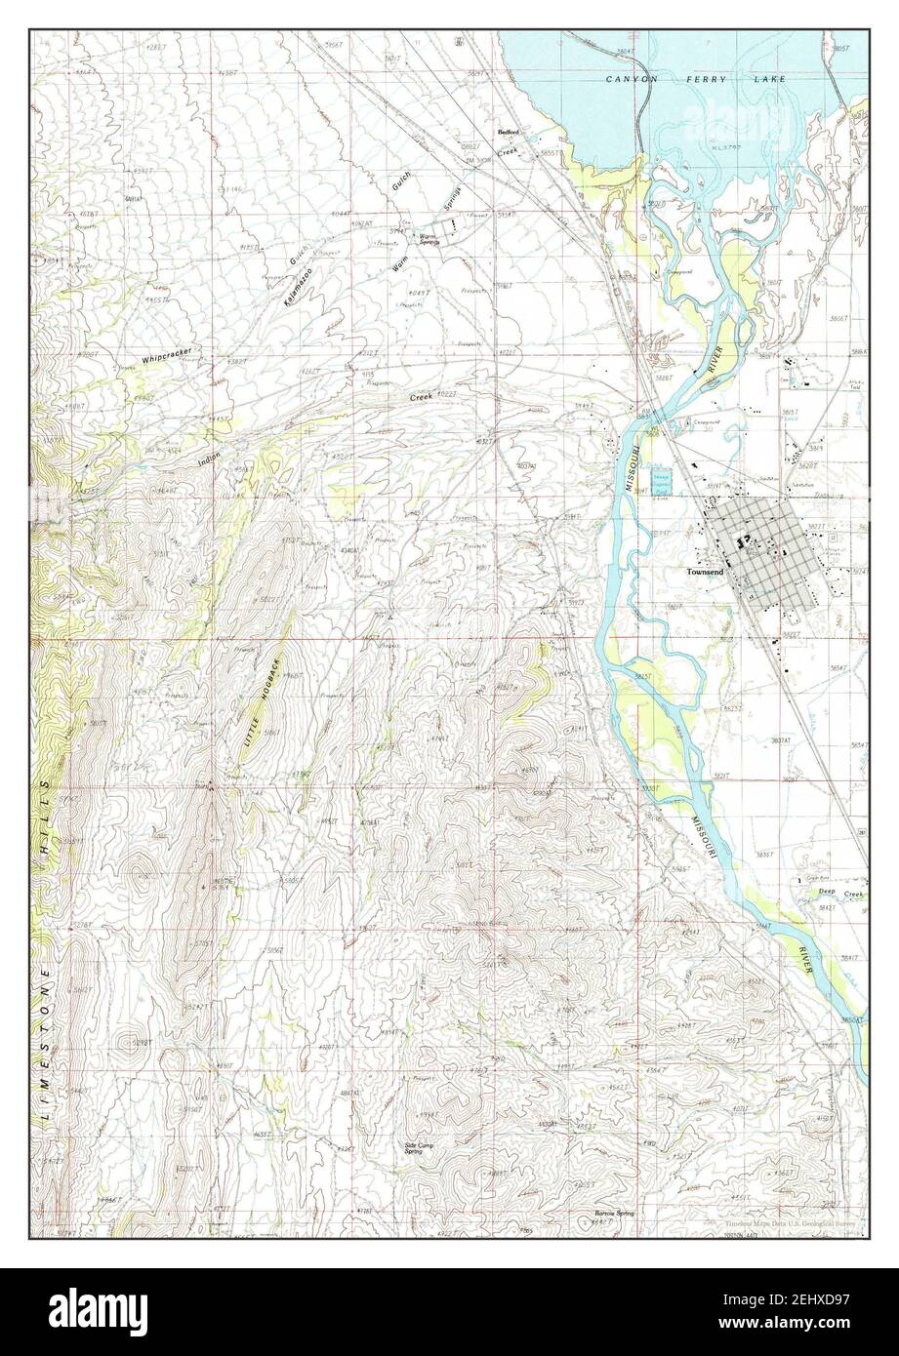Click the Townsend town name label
(x=705, y=573)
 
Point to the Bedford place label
(x=508, y=132)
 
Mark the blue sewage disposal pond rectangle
(x=664, y=471)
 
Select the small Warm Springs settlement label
(x=429, y=238)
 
